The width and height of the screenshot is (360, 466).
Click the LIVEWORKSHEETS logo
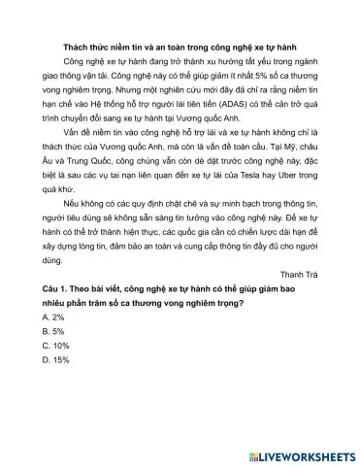(302, 455)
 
